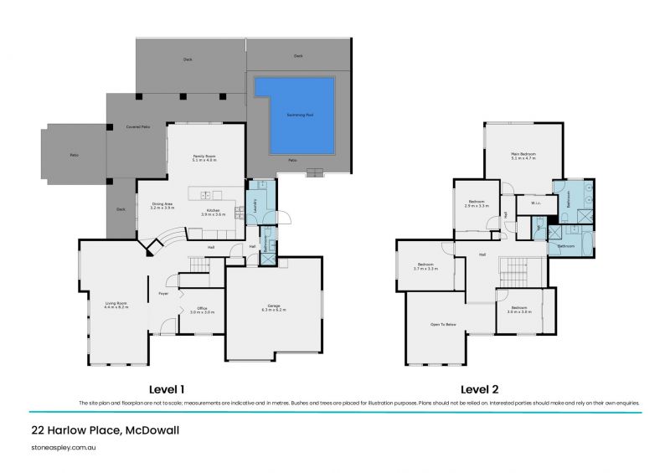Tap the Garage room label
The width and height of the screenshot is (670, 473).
[x=274, y=308]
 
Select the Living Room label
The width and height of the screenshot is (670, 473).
[x=116, y=306]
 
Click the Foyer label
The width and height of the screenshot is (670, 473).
[x=164, y=294]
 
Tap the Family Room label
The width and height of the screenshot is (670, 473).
[x=204, y=157]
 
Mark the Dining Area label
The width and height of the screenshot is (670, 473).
[x=162, y=205]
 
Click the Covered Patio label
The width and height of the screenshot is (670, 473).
[x=138, y=126]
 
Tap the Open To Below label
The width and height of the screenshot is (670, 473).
[x=442, y=323]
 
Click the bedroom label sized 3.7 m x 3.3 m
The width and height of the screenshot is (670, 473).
[x=427, y=267]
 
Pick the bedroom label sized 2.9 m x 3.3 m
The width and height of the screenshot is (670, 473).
[x=477, y=203]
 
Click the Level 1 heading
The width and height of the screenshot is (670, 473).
[x=166, y=389]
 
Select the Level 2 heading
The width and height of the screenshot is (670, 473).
[x=478, y=389]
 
